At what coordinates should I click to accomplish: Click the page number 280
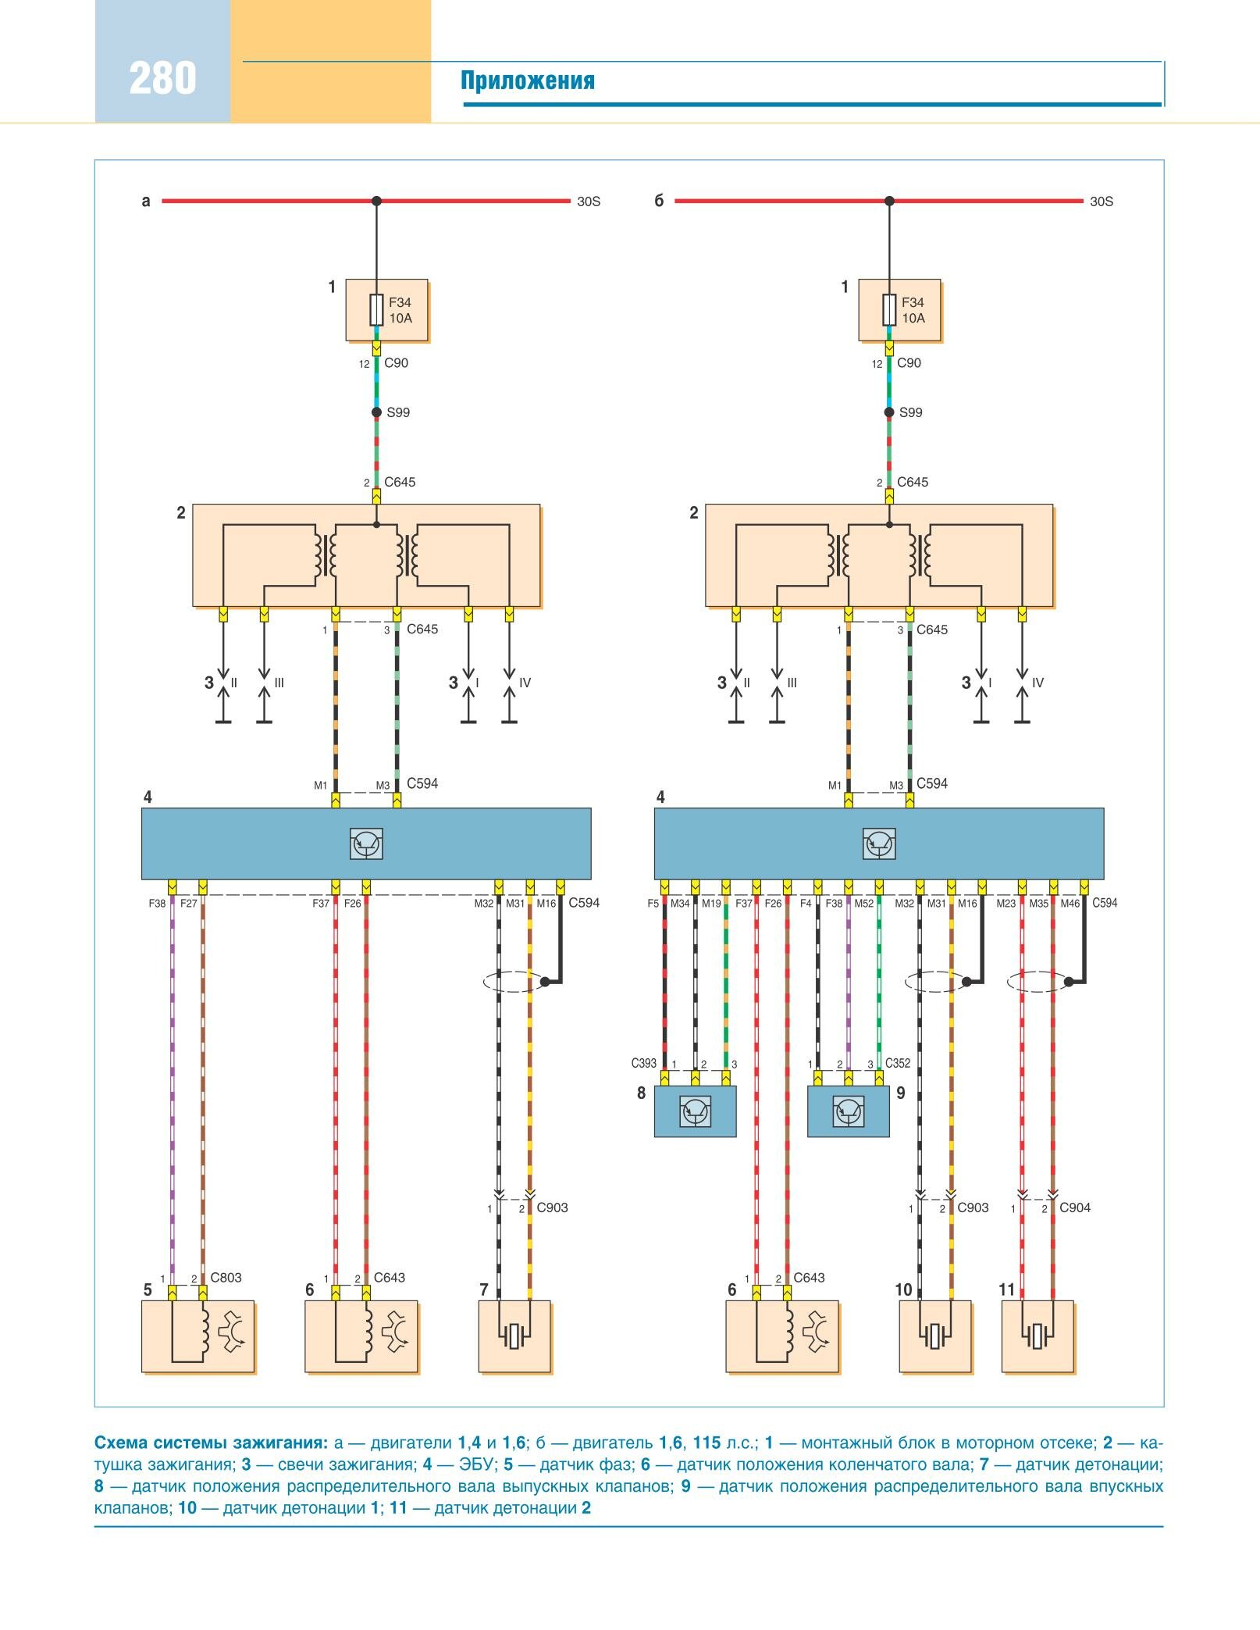162,78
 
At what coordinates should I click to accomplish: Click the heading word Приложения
528,81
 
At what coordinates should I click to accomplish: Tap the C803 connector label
226,1278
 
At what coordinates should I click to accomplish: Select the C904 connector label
1074,1207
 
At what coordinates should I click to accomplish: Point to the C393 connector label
643,1063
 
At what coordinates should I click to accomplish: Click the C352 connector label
898,1063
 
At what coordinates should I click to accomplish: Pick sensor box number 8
695,1111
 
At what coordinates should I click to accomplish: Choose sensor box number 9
848,1111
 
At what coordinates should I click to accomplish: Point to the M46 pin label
1070,904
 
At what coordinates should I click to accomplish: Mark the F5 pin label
653,904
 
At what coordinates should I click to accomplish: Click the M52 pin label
863,904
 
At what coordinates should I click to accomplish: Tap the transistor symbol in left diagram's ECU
366,844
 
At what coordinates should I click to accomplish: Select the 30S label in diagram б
1102,202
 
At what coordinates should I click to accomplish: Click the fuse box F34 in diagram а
387,310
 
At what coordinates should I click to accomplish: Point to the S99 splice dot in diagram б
889,412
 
